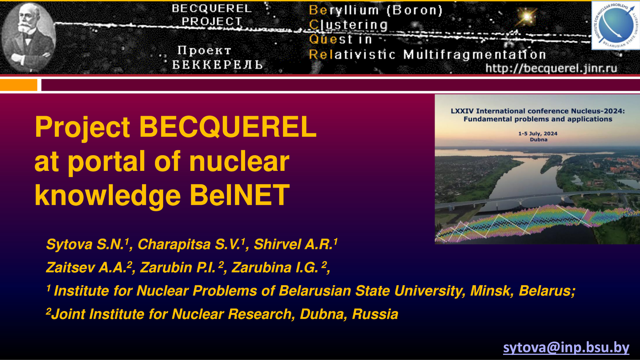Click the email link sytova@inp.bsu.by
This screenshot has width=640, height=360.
click(566, 348)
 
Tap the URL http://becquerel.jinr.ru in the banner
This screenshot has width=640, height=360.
click(551, 68)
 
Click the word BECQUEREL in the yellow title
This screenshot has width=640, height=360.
click(228, 127)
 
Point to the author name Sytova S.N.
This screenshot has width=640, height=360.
click(85, 244)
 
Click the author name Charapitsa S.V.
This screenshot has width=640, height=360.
click(189, 244)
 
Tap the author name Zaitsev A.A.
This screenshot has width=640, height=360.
click(86, 268)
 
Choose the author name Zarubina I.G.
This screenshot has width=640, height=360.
click(275, 268)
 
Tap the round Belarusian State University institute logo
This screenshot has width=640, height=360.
click(616, 25)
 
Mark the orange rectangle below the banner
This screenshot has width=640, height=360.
click(19, 85)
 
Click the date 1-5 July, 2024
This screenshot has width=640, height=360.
click(538, 133)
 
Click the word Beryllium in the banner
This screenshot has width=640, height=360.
click(344, 10)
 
